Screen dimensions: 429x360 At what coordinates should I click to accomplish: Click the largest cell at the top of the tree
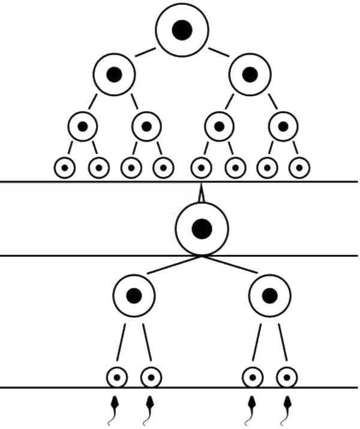pyautogui.click(x=182, y=30)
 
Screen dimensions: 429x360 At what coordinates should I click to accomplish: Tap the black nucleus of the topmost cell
pyautogui.click(x=182, y=30)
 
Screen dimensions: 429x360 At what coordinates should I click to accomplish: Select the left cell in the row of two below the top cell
pyautogui.click(x=114, y=74)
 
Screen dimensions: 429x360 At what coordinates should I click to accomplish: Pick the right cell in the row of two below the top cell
pyautogui.click(x=250, y=74)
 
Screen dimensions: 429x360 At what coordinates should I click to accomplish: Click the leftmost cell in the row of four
pyautogui.click(x=83, y=127)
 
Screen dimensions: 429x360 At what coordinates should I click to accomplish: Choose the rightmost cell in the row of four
pyautogui.click(x=283, y=127)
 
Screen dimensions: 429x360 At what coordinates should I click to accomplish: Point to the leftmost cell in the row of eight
pyautogui.click(x=65, y=167)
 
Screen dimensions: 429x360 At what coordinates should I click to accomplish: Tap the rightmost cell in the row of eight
pyautogui.click(x=299, y=167)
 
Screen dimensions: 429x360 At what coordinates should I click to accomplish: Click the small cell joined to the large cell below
pyautogui.click(x=202, y=167)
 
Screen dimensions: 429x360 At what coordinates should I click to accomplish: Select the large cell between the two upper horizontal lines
pyautogui.click(x=202, y=227)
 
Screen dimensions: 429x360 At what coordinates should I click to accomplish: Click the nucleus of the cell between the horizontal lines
pyautogui.click(x=202, y=227)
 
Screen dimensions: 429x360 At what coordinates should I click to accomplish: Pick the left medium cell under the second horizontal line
pyautogui.click(x=134, y=296)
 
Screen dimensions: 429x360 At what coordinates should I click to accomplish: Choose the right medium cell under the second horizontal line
pyautogui.click(x=270, y=296)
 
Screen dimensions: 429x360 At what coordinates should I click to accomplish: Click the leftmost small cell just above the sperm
pyautogui.click(x=118, y=378)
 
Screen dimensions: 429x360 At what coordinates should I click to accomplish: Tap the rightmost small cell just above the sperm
pyautogui.click(x=287, y=378)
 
